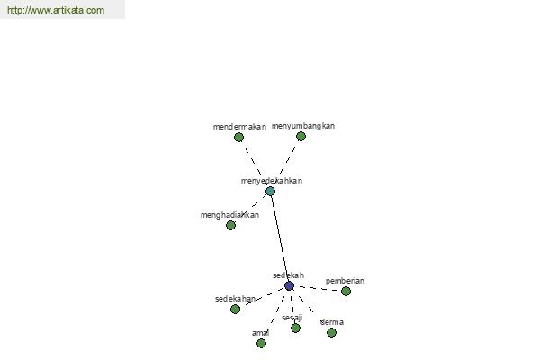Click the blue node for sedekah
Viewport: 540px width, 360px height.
289,285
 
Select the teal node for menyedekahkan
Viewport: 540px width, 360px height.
270,191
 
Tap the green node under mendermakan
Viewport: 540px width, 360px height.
238,138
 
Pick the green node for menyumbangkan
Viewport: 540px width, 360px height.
301,137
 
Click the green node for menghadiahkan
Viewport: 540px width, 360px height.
230,225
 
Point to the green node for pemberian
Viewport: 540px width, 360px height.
346,291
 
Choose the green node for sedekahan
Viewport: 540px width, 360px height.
235,309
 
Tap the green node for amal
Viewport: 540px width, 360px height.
261,343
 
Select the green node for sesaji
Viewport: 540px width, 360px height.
295,328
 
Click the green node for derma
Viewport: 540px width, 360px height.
331,332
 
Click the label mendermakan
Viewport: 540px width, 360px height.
239,127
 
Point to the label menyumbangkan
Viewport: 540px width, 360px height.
303,126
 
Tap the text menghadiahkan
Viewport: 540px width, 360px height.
229,215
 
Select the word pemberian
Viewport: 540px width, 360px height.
345,281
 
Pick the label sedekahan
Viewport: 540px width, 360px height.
235,299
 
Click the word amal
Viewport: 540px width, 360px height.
260,333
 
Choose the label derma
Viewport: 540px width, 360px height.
332,322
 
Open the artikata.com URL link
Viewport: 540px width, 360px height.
56,10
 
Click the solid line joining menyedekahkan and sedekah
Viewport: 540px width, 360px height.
280,238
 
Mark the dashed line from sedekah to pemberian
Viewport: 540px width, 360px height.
319,288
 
